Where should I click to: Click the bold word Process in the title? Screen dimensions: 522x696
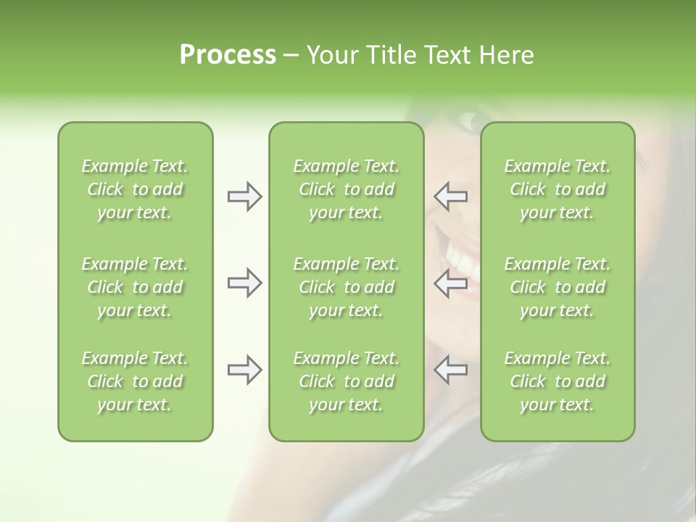[x=228, y=55]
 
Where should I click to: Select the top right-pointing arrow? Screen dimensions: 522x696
[x=244, y=196]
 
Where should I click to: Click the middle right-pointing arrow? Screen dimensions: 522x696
[x=244, y=283]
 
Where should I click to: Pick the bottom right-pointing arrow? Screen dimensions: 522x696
[x=244, y=370]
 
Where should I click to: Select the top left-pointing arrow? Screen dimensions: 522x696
[x=450, y=196]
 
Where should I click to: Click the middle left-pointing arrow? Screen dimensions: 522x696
[x=450, y=283]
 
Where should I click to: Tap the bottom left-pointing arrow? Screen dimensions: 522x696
[x=450, y=370]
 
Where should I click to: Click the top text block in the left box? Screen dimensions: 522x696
[x=135, y=189]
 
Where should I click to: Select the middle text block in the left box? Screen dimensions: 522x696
[x=135, y=287]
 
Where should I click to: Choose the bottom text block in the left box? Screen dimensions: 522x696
[x=135, y=381]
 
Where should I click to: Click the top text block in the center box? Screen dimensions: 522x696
[x=347, y=189]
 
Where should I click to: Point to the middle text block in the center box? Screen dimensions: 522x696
[x=347, y=287]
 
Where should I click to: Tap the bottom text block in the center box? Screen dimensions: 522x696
[x=347, y=381]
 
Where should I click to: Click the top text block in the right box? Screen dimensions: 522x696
[x=558, y=189]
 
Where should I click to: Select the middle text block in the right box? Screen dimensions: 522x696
[x=558, y=287]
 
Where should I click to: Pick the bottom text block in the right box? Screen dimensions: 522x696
[x=558, y=381]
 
